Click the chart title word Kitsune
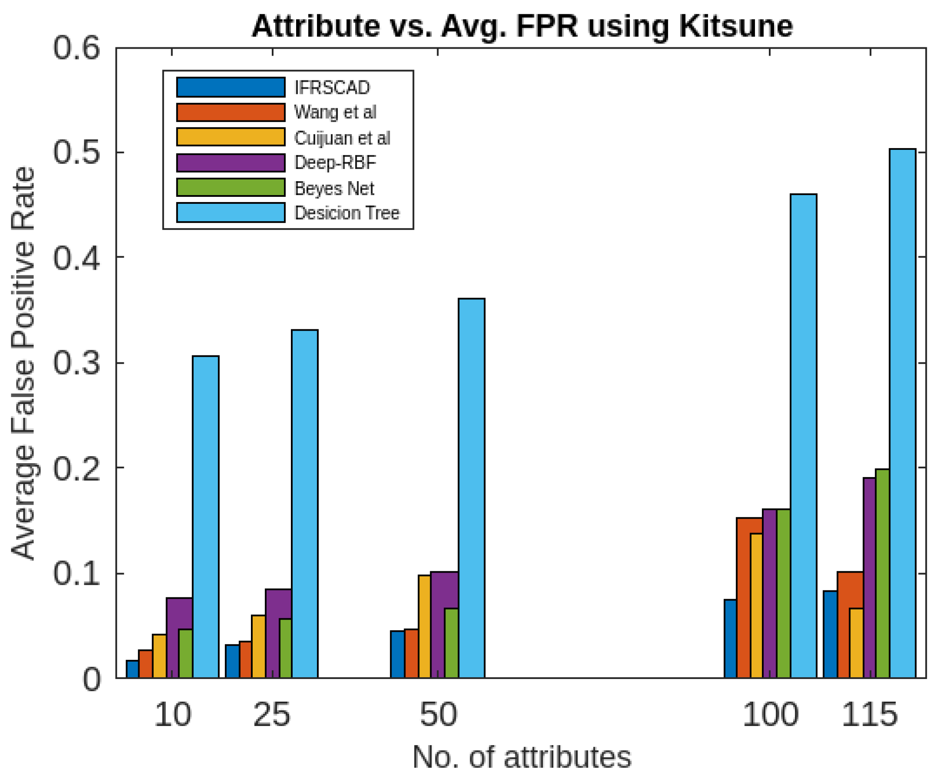coord(735,26)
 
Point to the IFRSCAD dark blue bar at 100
coord(730,638)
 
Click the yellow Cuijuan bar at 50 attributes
coord(424,626)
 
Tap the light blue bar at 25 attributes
coord(304,503)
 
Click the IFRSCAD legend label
coord(332,87)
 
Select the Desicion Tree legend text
coord(346,212)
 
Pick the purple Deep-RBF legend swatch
coord(231,162)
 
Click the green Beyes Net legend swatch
coord(231,187)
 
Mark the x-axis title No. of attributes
coord(521,757)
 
